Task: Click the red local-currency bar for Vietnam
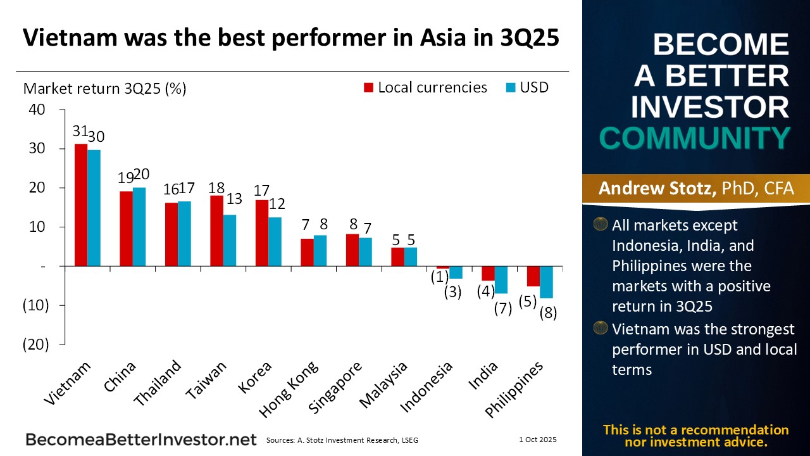point(81,205)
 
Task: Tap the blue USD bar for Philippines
point(546,282)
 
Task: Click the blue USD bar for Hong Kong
point(320,250)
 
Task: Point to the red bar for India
point(488,273)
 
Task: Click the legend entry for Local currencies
point(425,87)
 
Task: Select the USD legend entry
point(526,87)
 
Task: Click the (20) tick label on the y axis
point(36,345)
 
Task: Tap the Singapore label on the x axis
point(337,388)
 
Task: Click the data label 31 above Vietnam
point(80,131)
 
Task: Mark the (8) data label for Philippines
point(548,313)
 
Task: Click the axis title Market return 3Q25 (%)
point(104,88)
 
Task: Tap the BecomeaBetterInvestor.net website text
point(141,440)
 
